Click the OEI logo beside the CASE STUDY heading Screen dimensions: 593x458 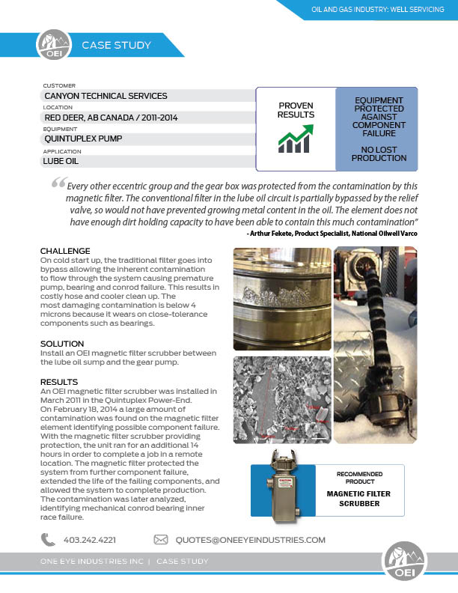[x=50, y=44]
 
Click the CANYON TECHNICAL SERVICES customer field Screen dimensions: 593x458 [x=106, y=96]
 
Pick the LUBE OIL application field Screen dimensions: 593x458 [x=61, y=160]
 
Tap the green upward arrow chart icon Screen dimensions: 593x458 [x=296, y=139]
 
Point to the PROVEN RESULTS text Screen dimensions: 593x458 [x=296, y=110]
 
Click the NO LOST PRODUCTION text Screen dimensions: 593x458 [x=379, y=153]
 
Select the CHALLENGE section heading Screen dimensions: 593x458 [x=65, y=251]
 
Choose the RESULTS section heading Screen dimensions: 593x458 [x=59, y=382]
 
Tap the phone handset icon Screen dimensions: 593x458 [x=49, y=539]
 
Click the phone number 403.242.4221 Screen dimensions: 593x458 [x=90, y=540]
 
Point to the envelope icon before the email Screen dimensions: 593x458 [x=160, y=539]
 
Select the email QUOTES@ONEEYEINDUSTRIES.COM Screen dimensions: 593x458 [x=250, y=540]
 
